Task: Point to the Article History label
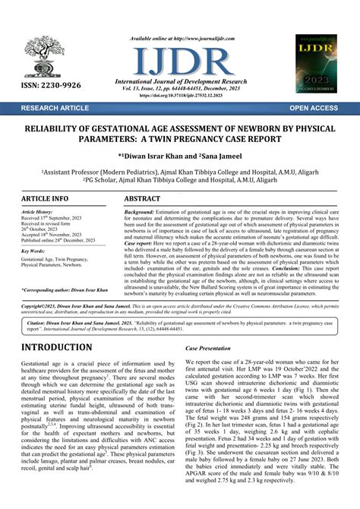pos(36,213)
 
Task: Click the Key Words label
pos(33,250)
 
